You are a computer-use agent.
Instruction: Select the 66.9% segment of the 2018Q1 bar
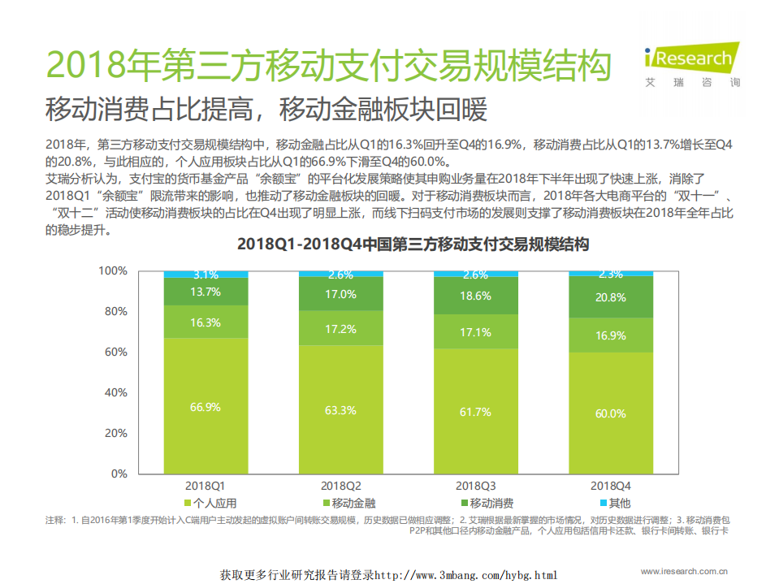[x=206, y=407]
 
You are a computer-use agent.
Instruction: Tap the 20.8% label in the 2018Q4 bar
[x=610, y=297]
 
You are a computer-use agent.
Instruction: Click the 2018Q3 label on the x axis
[x=475, y=485]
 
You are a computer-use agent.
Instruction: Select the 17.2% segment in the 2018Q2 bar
[x=340, y=329]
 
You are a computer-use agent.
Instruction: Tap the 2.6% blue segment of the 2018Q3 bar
[x=475, y=274]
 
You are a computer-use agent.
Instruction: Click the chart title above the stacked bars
[x=413, y=244]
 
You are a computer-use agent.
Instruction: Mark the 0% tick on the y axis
[x=118, y=474]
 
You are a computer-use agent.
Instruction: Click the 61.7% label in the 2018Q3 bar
[x=475, y=412]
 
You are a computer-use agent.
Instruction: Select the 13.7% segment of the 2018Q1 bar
[x=206, y=292]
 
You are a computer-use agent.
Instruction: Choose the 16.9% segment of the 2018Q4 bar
[x=610, y=335]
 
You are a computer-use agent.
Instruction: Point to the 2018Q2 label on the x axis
[x=340, y=485]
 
